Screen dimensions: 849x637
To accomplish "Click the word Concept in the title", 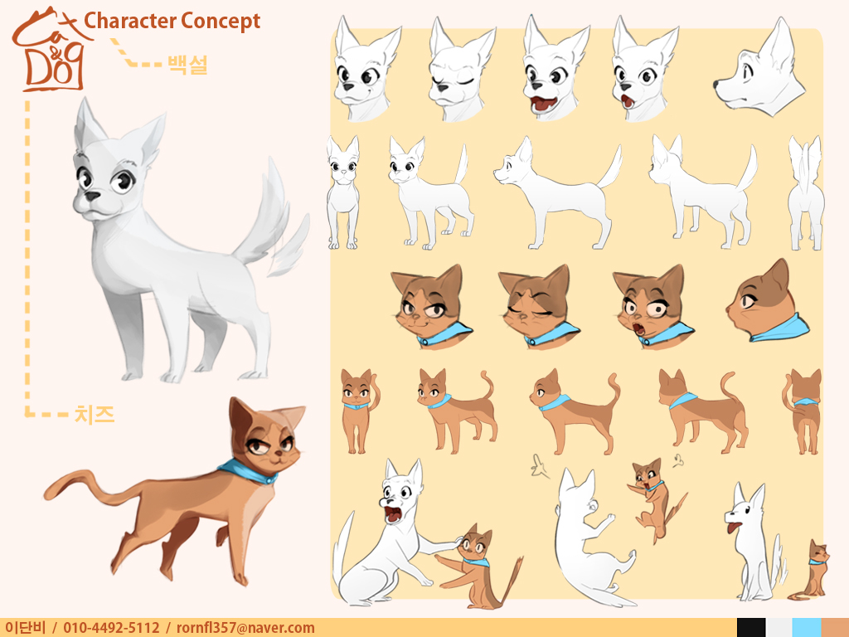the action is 221,22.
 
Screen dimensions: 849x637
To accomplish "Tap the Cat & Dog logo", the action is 49,49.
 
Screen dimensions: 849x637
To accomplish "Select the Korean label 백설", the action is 187,65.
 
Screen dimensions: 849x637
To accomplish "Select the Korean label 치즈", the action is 95,415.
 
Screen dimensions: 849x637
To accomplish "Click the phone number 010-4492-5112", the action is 112,628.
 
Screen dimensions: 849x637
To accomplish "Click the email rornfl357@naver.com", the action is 245,628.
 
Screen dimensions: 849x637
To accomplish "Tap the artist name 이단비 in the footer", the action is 25,628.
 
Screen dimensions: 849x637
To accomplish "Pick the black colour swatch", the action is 751,627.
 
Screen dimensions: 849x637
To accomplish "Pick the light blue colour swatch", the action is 807,627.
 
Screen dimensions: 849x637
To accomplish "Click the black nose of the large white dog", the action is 93,196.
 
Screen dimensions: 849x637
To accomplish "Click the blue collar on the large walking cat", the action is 248,472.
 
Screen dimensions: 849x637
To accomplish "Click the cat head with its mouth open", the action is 652,307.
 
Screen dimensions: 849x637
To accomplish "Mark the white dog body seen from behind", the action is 806,192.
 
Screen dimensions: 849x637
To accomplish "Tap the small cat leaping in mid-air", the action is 655,498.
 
